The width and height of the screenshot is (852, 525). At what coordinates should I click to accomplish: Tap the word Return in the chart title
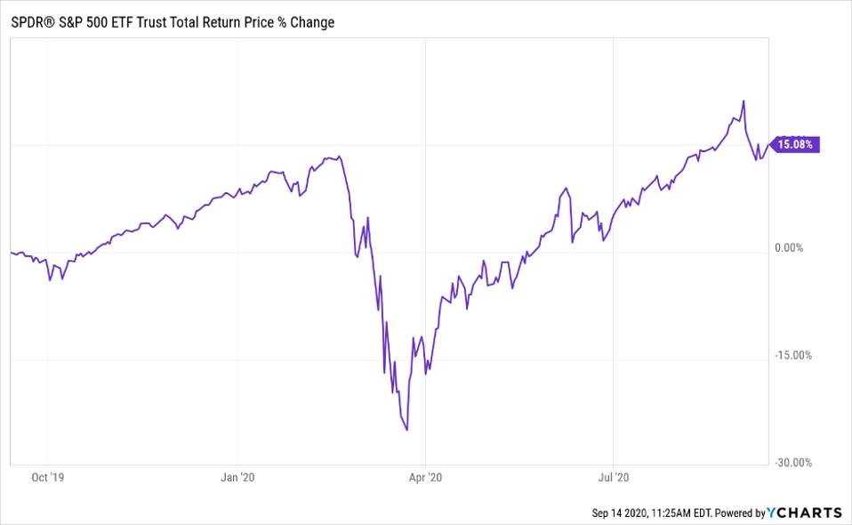point(212,22)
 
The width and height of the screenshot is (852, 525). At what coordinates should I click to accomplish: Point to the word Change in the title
point(310,22)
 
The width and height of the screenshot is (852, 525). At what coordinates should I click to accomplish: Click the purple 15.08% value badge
point(793,143)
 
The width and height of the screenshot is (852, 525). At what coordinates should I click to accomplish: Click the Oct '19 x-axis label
point(47,478)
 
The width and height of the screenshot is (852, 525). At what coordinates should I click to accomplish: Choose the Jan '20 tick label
point(237,478)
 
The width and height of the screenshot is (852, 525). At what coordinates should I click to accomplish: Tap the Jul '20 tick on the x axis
point(613,478)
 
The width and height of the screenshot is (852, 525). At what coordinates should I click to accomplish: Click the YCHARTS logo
point(807,513)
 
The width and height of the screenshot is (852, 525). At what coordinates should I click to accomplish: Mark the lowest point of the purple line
point(407,431)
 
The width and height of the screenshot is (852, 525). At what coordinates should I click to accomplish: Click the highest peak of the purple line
point(743,101)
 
